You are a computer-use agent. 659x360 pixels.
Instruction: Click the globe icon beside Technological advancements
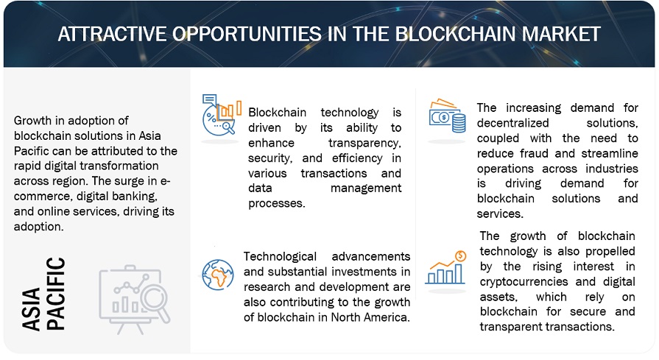coord(216,273)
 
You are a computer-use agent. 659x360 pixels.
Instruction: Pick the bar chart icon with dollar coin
coord(446,268)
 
